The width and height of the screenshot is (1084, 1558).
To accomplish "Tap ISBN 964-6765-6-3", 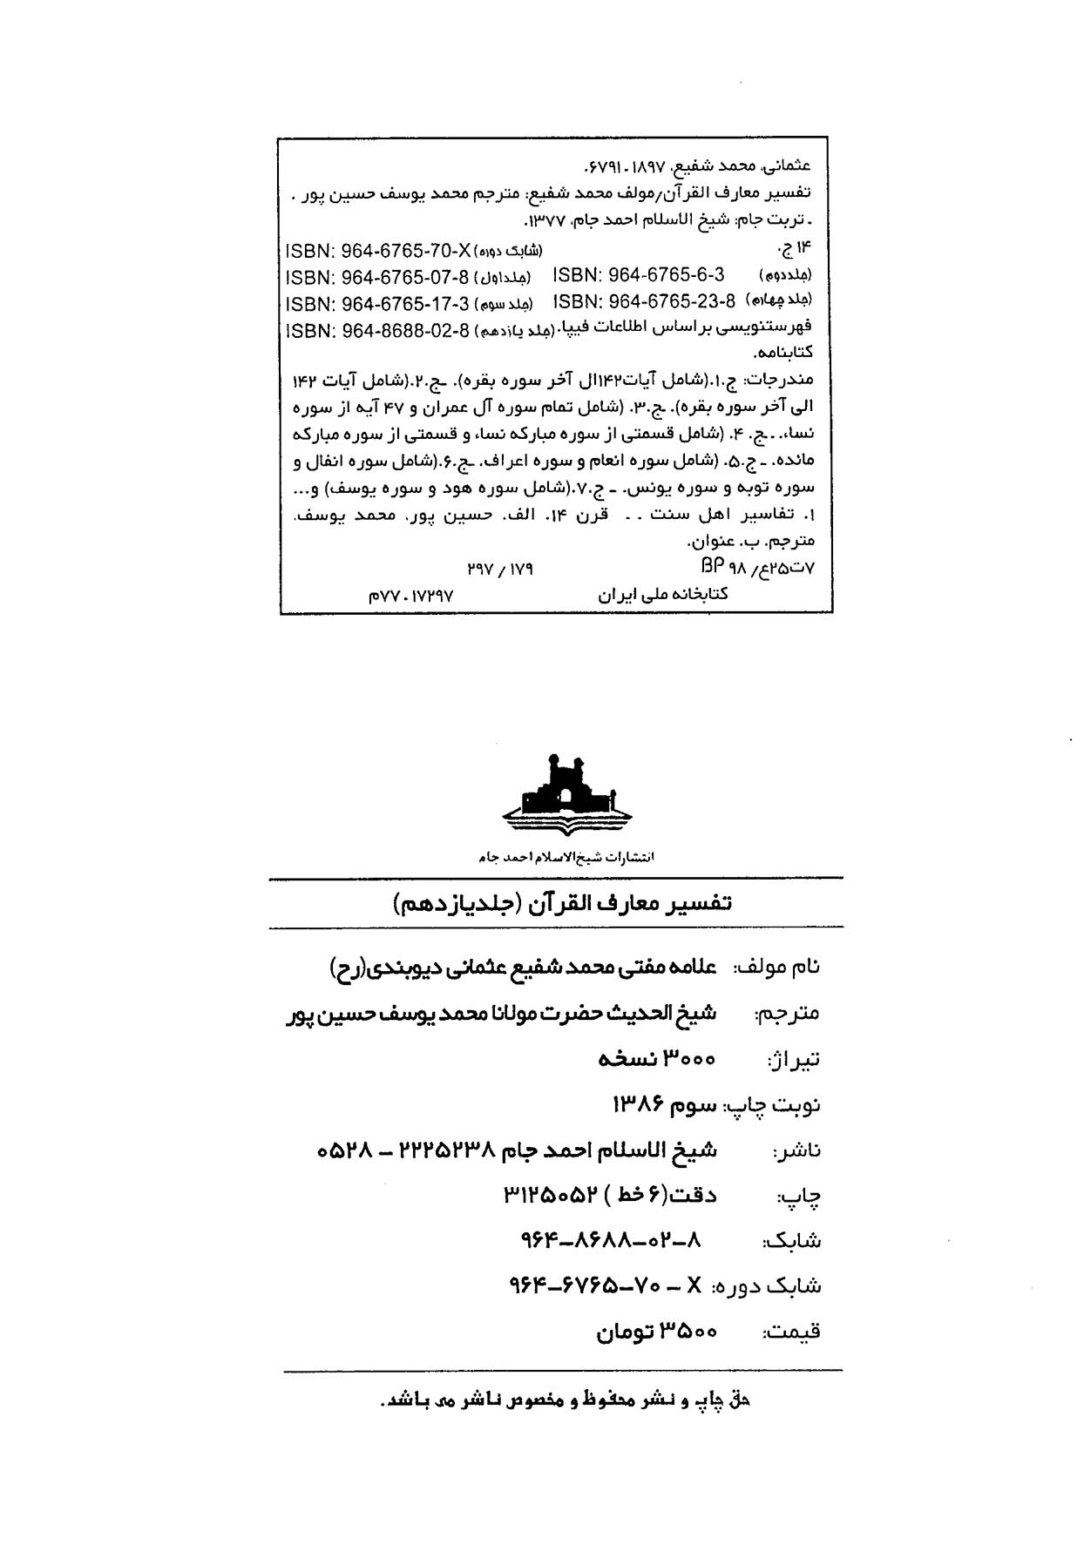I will (x=639, y=275).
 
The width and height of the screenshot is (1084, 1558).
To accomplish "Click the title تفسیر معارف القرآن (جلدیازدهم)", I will (x=562, y=903).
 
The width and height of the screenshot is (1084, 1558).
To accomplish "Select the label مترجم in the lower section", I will (x=788, y=1014).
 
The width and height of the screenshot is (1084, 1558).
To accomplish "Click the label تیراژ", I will (x=794, y=1060).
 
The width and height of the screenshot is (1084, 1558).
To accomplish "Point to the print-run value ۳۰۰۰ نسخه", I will (x=657, y=1058).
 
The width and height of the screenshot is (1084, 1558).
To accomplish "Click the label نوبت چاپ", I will (x=772, y=1105).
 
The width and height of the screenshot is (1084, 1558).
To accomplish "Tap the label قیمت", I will (x=792, y=1332).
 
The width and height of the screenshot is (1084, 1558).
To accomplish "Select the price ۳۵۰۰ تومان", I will (x=656, y=1332).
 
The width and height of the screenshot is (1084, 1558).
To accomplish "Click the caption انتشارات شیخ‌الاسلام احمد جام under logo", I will (x=566, y=857).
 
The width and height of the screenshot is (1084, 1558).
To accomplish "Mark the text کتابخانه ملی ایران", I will (x=662, y=595).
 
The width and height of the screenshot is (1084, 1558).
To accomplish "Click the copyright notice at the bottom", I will (x=566, y=1401).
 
